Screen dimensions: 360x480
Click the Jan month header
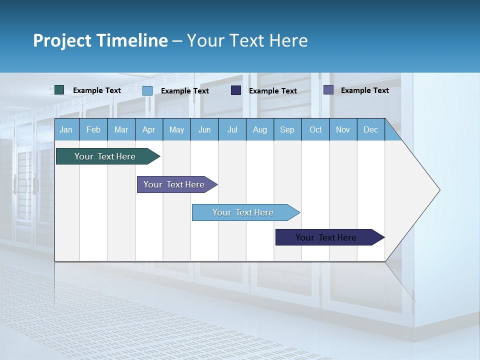[x=66, y=129]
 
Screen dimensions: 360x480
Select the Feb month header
[x=93, y=129]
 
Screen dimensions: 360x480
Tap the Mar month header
[x=121, y=129]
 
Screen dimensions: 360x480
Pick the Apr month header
[x=149, y=129]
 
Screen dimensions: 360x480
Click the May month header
[x=176, y=129]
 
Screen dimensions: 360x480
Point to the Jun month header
[x=204, y=129]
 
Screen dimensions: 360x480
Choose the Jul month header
[x=232, y=129]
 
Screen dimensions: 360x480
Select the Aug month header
[x=260, y=129]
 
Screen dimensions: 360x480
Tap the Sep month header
[x=287, y=129]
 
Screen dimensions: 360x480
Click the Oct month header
[x=315, y=129]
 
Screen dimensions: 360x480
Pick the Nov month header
[x=343, y=129]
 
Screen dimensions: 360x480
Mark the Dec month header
[x=371, y=129]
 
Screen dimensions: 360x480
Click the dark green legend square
[x=59, y=90]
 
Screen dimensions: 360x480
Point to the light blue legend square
[x=147, y=90]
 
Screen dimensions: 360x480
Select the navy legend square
[x=236, y=90]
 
